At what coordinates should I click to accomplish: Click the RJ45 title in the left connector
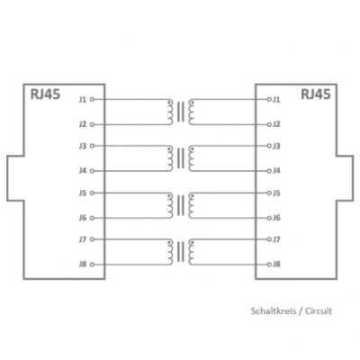click(x=45, y=94)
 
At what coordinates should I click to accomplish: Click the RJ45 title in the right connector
click(x=316, y=94)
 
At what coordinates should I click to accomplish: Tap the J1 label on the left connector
click(x=83, y=99)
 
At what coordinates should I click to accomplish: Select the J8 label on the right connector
click(x=276, y=265)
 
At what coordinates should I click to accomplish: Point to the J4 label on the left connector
click(x=83, y=171)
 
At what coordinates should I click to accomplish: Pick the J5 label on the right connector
click(x=276, y=193)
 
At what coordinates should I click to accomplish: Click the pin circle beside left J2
click(x=92, y=124)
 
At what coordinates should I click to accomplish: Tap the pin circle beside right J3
click(x=269, y=146)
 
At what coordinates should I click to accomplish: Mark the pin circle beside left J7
click(x=92, y=239)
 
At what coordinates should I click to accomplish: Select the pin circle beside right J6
click(x=269, y=218)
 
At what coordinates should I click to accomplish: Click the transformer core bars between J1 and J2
click(x=181, y=112)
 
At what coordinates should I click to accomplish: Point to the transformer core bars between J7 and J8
click(x=181, y=252)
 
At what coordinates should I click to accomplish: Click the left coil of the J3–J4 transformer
click(x=170, y=158)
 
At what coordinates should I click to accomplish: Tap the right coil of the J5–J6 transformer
click(x=191, y=205)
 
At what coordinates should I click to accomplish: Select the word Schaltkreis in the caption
click(x=274, y=310)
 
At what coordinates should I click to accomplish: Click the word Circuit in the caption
click(x=319, y=310)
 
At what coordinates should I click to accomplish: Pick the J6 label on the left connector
click(x=83, y=218)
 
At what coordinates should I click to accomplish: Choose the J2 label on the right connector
click(x=276, y=124)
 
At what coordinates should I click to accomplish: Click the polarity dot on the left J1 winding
click(x=170, y=103)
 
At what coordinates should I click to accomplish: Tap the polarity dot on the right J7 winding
click(x=192, y=243)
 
